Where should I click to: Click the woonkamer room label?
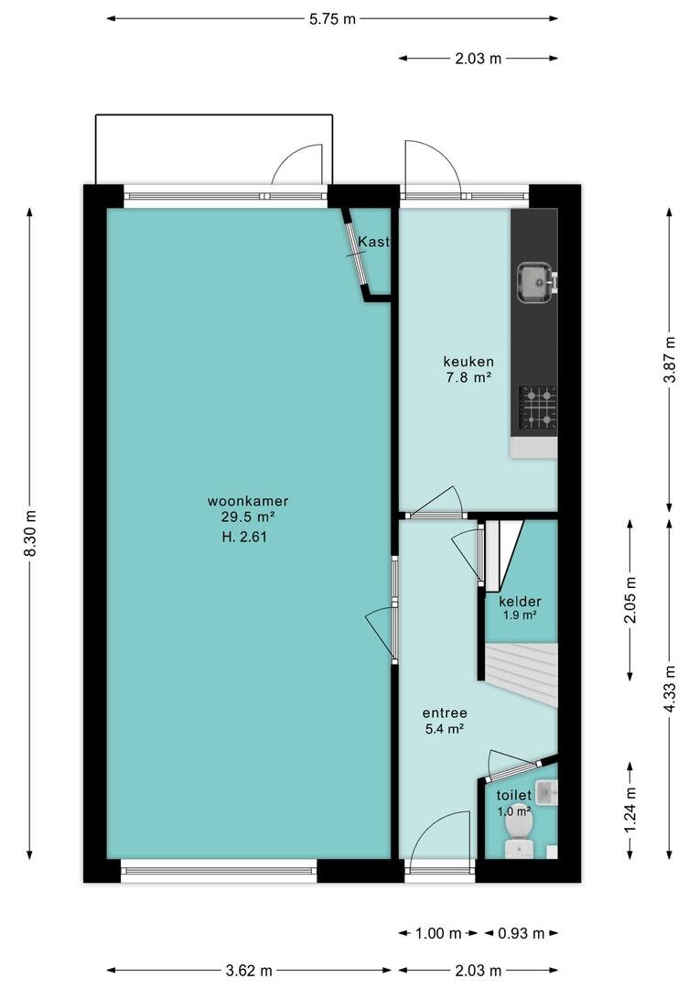(248, 502)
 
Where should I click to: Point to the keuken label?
(468, 362)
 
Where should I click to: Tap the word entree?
(445, 713)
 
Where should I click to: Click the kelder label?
(520, 601)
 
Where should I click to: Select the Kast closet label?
(374, 242)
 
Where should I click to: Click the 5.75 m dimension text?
(332, 19)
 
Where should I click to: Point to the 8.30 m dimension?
(30, 533)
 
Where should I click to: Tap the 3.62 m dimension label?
(248, 971)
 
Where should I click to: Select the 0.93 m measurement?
(521, 933)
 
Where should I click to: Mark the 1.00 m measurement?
(438, 933)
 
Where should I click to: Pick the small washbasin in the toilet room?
(550, 792)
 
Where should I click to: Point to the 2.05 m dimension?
(629, 600)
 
